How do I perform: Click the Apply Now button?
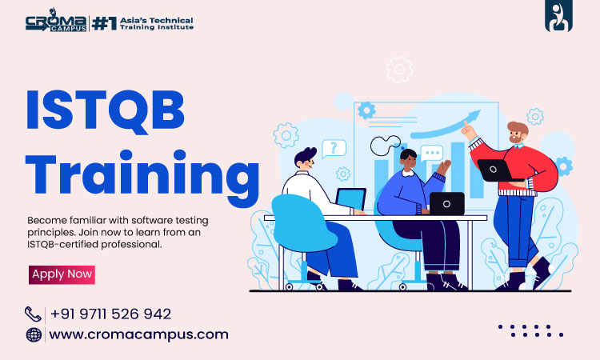pos(62,274)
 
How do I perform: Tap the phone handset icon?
pos(33,314)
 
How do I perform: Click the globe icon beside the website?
pos(34,334)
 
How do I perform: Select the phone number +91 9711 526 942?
pos(110,314)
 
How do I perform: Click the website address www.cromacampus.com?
pos(138,334)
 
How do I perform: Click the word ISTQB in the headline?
pos(106,111)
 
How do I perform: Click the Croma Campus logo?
pos(56,21)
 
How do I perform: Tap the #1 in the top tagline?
pos(104,23)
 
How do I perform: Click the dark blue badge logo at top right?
pos(558,15)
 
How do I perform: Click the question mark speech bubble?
pos(334,149)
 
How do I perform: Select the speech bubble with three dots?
pos(432,153)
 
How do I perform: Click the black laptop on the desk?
pos(447,203)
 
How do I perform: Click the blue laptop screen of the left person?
pos(351,199)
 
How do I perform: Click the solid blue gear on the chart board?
pos(366,110)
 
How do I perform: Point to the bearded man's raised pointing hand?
pos(468,130)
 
